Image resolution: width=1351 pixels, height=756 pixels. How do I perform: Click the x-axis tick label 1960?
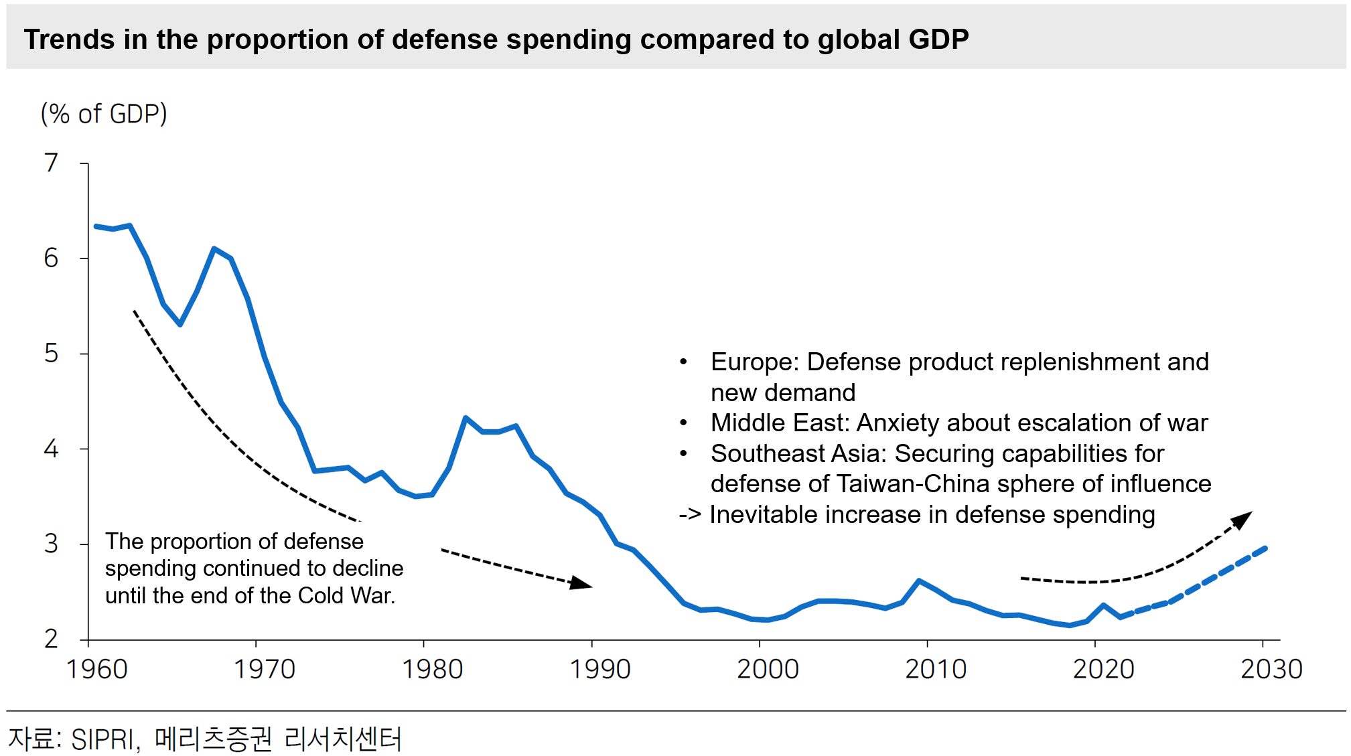[x=96, y=669]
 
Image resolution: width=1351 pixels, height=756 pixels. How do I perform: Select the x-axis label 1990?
[x=599, y=669]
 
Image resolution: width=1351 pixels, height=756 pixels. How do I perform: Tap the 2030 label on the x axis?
[x=1271, y=669]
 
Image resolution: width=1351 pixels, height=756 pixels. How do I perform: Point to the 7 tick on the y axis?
[x=52, y=163]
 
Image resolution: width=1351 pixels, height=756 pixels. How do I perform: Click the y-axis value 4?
[x=52, y=449]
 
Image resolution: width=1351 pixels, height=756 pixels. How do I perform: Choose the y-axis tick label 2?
[x=52, y=639]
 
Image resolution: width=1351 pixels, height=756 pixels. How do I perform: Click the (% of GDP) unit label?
[x=104, y=114]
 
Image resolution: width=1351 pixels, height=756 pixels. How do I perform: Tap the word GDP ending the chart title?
[x=938, y=40]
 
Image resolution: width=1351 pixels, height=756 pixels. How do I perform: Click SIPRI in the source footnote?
[x=103, y=739]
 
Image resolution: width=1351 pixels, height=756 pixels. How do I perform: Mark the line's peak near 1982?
[x=465, y=418]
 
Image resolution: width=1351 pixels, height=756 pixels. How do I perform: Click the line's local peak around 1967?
[x=214, y=249]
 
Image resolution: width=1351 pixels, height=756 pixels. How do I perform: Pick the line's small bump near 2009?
[x=919, y=581]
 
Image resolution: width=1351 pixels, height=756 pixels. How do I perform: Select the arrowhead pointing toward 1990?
[x=581, y=583]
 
